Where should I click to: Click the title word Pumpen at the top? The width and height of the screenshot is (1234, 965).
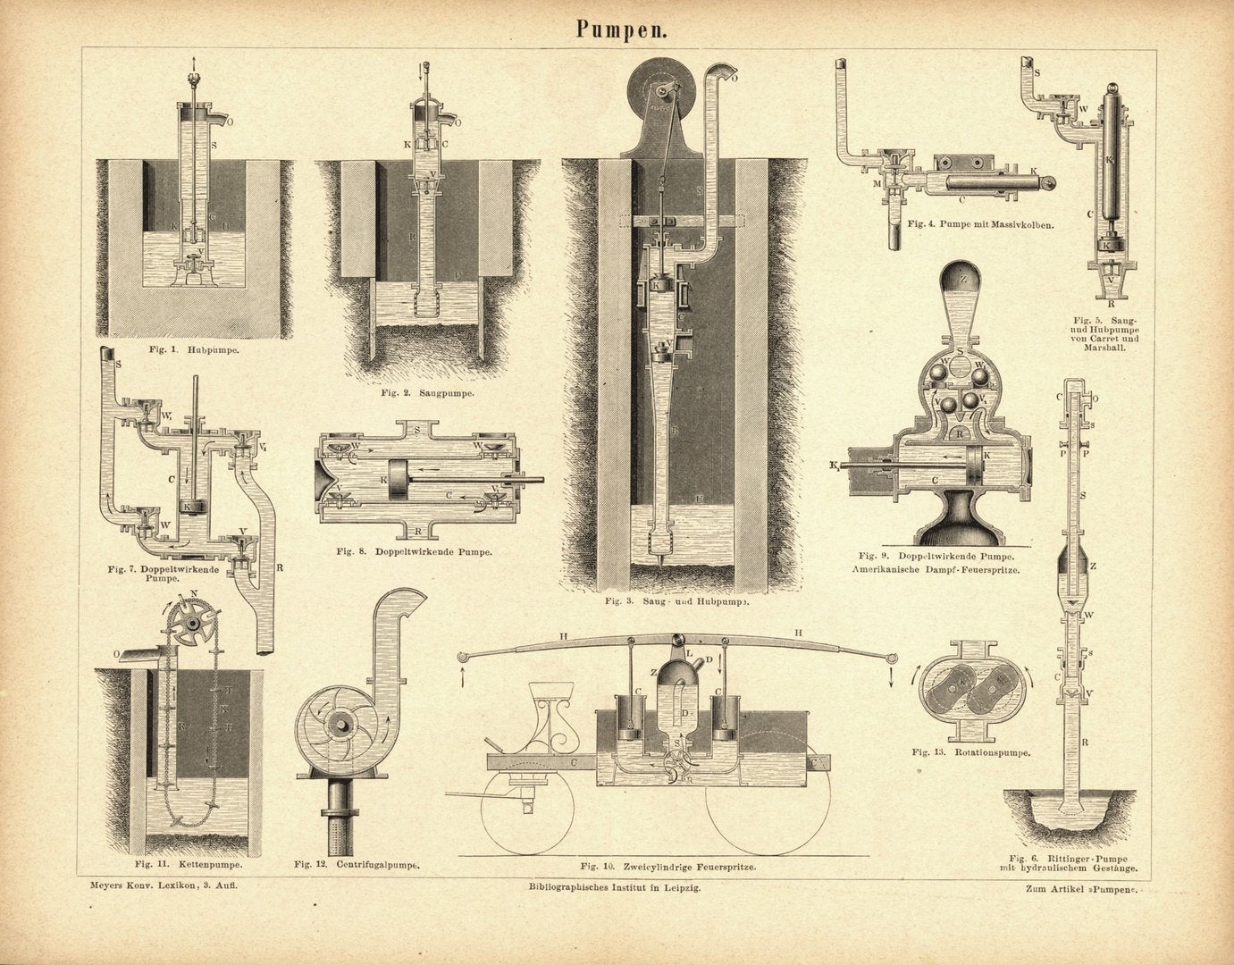click(617, 29)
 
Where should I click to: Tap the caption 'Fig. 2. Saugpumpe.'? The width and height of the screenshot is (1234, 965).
click(427, 392)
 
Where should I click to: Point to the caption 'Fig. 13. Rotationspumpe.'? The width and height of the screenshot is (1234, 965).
click(971, 752)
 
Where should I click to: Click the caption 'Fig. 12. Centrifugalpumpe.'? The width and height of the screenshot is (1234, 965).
click(357, 865)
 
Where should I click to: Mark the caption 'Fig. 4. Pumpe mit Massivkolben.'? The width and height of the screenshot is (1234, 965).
click(979, 224)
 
